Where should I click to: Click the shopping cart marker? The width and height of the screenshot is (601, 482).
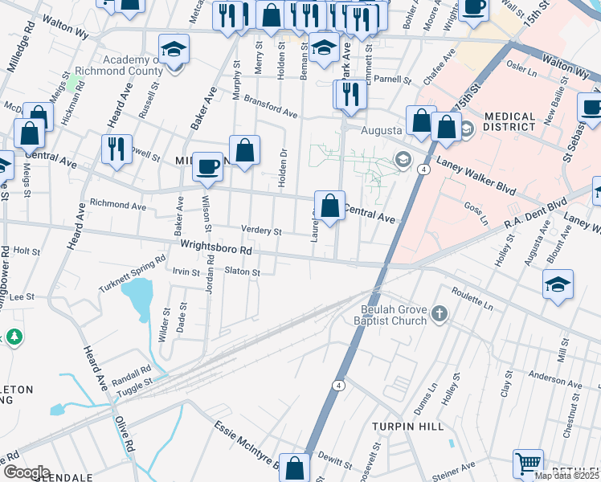point(528,464)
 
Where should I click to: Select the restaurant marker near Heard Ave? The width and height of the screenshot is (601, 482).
point(116,149)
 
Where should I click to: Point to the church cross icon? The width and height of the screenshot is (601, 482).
point(439,313)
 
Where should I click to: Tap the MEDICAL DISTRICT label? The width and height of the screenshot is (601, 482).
point(509,120)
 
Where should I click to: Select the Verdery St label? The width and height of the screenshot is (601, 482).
point(261,231)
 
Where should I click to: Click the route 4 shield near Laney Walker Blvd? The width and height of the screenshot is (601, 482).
point(421,169)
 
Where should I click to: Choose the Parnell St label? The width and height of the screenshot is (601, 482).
point(393,80)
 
